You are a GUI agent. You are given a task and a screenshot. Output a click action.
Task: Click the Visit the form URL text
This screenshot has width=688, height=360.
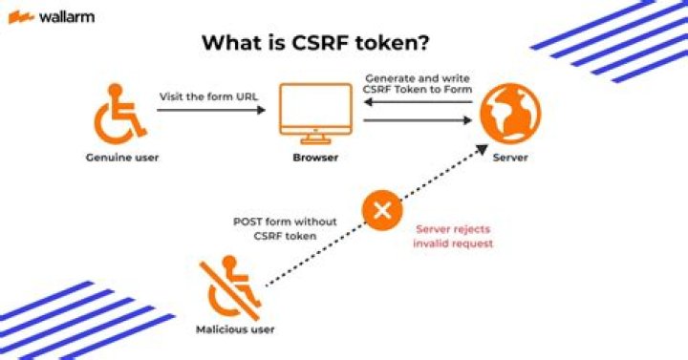[210, 95]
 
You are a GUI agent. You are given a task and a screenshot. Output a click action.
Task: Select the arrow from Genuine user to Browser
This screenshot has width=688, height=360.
[210, 110]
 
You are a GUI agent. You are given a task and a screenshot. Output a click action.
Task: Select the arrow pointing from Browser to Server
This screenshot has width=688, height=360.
[418, 121]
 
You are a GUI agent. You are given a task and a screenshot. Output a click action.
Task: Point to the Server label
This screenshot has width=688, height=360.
[509, 157]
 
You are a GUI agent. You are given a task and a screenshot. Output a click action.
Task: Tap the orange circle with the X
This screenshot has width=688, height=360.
[382, 211]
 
